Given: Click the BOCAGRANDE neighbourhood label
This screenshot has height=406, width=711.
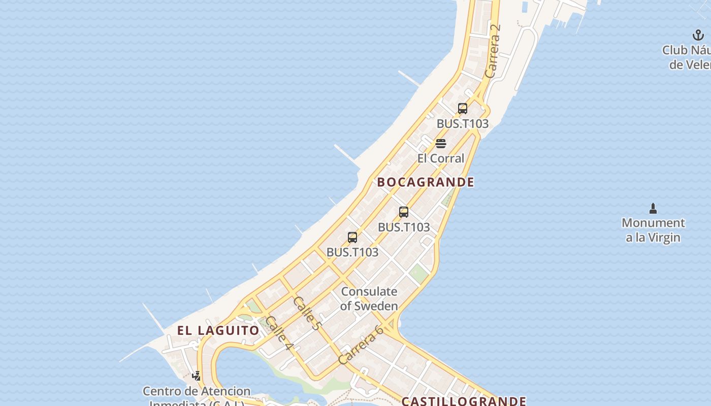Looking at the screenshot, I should pos(426,182).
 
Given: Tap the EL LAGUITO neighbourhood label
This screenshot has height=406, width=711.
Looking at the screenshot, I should pos(218,330).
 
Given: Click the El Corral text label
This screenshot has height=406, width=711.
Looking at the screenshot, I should pos(441,158).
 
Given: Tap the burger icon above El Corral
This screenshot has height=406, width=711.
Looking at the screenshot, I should pos(441,144).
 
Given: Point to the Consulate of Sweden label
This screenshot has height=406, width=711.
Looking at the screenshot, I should pos(369,299).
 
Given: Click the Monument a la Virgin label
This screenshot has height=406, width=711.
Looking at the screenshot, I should pos(653,230).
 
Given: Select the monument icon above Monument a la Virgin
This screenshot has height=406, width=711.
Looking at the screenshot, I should pos(653,208).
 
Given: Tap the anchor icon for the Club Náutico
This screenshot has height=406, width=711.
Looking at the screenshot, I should pos(698,36).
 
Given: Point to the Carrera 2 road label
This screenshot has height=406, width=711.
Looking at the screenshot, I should pos(493,51).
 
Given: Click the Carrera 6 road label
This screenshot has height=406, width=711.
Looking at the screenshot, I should pos(361,345).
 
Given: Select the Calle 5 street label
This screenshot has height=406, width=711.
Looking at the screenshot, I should pos(307,313).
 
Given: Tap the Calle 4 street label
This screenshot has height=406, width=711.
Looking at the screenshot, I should pos(279,333).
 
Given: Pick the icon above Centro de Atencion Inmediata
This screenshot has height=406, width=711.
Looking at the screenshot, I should pos(197,376).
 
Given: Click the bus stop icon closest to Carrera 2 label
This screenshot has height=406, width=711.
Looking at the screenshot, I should pos(462,109).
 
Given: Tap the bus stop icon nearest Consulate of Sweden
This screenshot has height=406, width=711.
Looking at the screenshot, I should pos(352,238).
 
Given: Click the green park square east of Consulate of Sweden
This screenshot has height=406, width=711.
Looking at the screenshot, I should pos(419,274).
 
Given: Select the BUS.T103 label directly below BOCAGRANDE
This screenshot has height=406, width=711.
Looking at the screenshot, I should pos(404,227).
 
